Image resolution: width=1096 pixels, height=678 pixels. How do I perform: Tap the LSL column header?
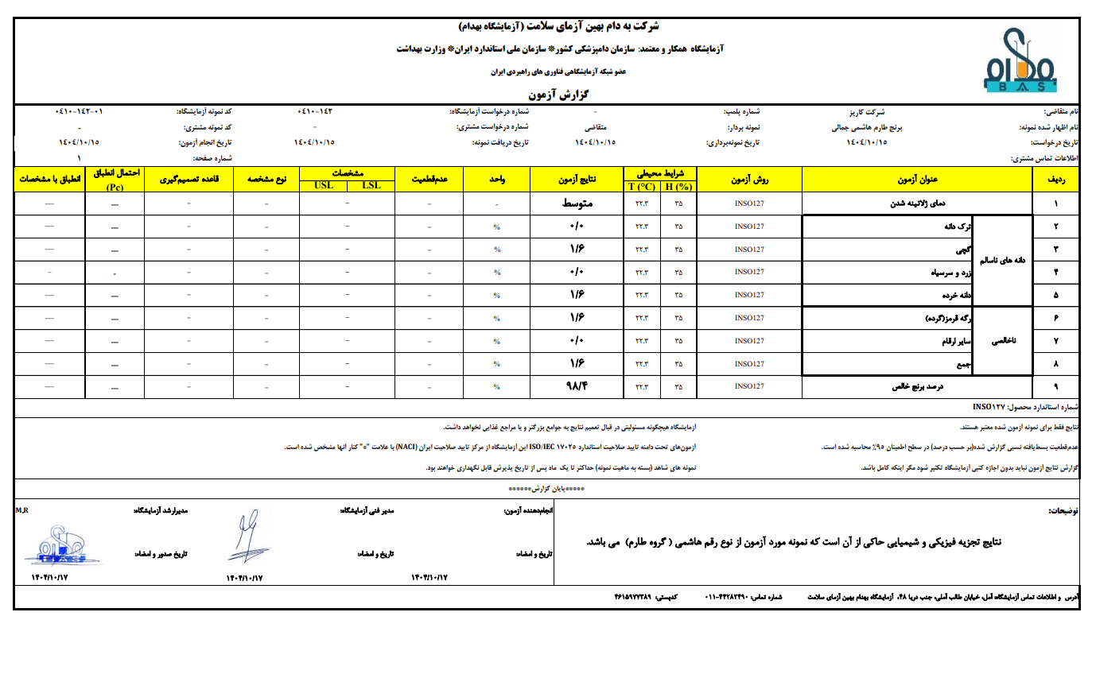pos(371,186)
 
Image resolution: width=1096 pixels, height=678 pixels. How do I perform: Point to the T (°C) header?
pos(641,186)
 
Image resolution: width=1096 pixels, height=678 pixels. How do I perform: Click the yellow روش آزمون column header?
pos(749,180)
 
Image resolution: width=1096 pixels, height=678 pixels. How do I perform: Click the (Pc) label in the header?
pos(115,188)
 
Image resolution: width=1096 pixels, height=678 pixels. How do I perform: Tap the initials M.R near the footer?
pos(21,509)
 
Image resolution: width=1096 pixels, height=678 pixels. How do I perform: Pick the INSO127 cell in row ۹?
pos(749,387)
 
